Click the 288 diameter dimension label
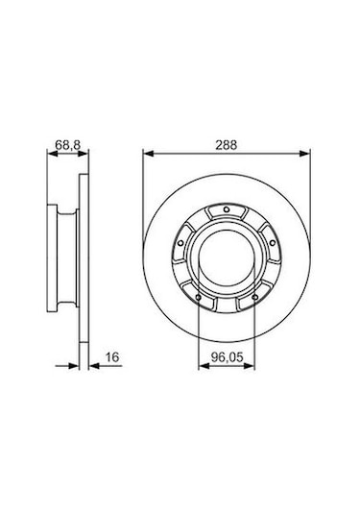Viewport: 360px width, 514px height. point(226,145)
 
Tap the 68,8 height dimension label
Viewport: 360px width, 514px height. point(68,144)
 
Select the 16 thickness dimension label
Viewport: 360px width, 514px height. point(112,356)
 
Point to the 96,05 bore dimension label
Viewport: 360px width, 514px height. point(227,357)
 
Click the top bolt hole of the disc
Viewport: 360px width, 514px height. point(226,209)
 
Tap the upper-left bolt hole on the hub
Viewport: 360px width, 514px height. point(180,243)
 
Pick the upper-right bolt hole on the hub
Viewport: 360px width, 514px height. point(273,242)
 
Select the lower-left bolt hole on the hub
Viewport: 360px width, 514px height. point(198,297)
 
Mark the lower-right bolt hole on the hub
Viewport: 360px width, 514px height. point(254,297)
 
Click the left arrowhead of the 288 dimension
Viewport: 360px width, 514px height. point(148,153)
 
